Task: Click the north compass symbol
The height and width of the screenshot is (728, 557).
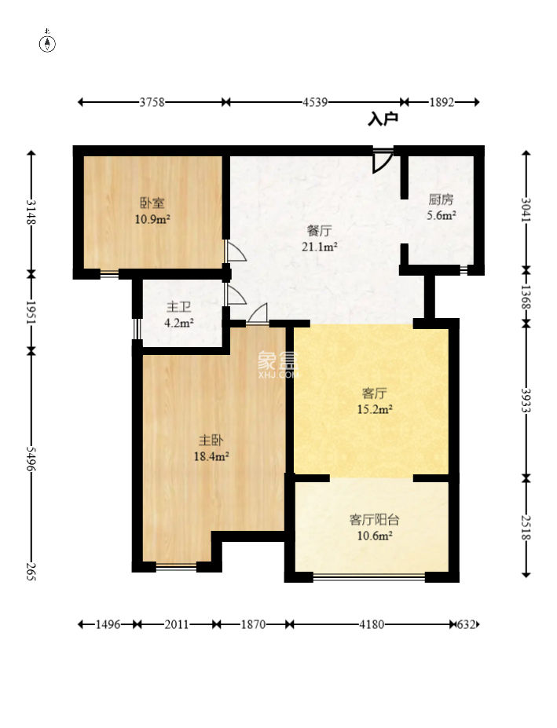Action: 47,42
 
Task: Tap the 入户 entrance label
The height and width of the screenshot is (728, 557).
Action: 383,119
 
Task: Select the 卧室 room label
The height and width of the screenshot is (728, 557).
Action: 152,203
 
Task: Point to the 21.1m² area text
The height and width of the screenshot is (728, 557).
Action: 320,247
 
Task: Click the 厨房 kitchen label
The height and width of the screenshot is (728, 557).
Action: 441,199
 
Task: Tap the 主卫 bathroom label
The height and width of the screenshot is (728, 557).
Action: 179,307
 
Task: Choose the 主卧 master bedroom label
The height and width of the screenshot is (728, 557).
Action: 211,440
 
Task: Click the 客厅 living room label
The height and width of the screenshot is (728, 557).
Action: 375,393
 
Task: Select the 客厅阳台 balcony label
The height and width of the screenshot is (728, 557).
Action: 375,520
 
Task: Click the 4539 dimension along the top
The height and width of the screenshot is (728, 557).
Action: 316,102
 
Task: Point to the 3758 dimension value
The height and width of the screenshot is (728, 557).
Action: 152,102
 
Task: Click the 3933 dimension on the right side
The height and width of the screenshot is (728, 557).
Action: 526,400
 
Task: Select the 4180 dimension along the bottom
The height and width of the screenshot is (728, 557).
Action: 372,624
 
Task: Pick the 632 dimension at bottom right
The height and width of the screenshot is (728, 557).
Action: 467,624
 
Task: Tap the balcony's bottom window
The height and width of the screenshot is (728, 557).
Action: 369,577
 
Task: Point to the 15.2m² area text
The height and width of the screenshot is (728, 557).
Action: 375,409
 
